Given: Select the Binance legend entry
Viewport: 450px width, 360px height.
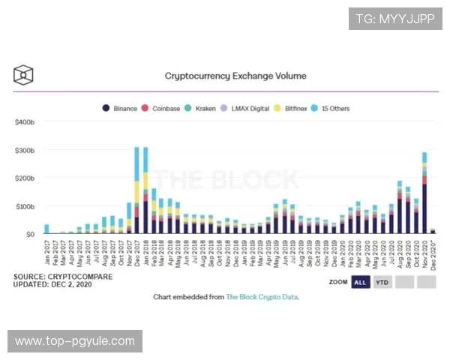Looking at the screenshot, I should (x=121, y=109).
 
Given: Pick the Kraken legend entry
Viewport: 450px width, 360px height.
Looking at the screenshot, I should (x=200, y=109).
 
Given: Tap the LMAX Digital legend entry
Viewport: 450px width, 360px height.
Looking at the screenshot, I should (x=245, y=109).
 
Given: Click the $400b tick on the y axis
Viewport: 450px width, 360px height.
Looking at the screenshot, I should (x=25, y=121).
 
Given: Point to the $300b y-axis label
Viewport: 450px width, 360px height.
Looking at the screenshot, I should (x=25, y=150).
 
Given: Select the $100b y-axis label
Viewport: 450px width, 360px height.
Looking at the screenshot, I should (x=25, y=206).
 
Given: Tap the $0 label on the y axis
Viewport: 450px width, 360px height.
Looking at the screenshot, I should (x=29, y=235).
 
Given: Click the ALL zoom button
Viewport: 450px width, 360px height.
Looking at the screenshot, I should (x=360, y=282).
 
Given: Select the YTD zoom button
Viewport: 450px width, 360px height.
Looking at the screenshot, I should (x=382, y=282).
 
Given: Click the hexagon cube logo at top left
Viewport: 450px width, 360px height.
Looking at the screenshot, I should (x=24, y=75).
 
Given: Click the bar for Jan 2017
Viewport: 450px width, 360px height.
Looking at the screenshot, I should (x=46, y=229).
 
